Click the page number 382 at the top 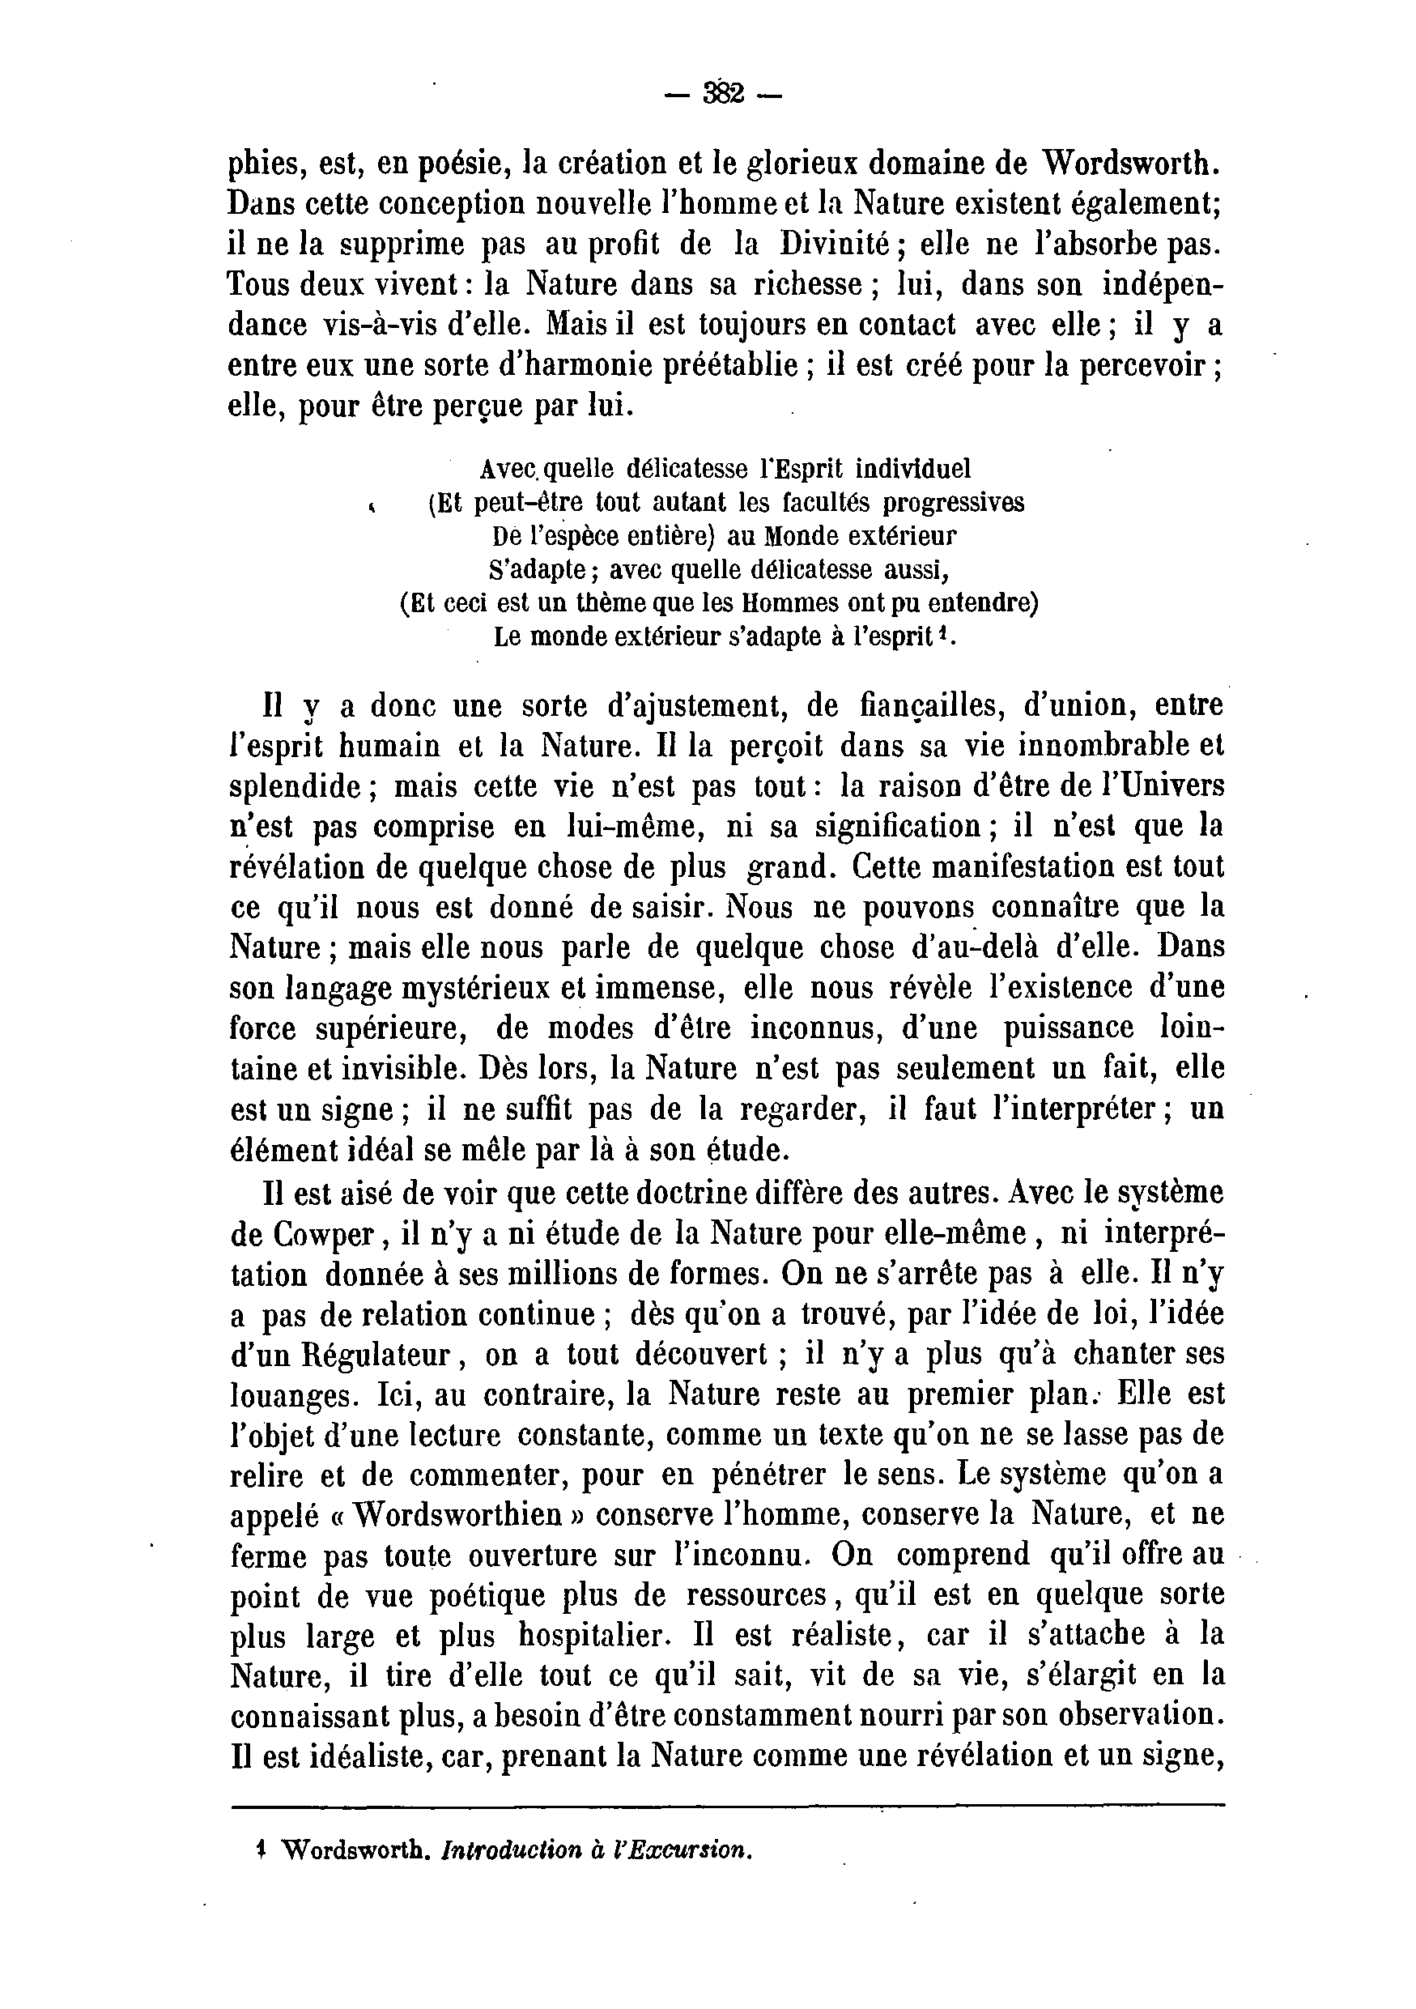722,93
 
